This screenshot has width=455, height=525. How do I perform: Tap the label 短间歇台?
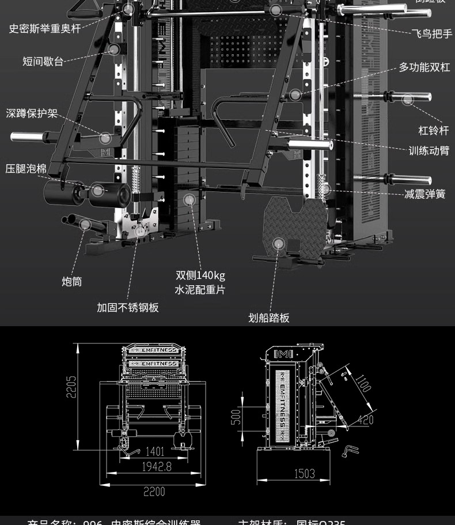(43, 61)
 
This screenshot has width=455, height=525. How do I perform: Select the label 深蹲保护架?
(32, 114)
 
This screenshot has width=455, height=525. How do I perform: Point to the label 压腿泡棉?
(26, 169)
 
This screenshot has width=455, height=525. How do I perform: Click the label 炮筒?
(72, 281)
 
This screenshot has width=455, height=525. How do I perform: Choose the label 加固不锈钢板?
(127, 307)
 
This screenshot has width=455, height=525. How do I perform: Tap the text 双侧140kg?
(200, 275)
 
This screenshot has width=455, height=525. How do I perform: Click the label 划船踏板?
(269, 318)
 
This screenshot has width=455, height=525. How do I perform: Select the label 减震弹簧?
(424, 194)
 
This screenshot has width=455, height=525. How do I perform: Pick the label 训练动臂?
(429, 151)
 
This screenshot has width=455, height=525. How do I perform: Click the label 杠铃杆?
(433, 131)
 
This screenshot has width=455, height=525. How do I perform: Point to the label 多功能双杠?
(424, 67)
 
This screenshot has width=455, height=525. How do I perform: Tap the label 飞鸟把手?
(432, 34)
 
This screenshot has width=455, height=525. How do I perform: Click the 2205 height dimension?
(70, 395)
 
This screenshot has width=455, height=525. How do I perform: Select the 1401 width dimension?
(154, 452)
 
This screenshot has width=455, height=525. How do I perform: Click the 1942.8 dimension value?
(157, 467)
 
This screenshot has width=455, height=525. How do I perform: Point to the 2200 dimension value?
(154, 491)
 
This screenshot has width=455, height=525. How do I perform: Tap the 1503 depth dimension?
(305, 473)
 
